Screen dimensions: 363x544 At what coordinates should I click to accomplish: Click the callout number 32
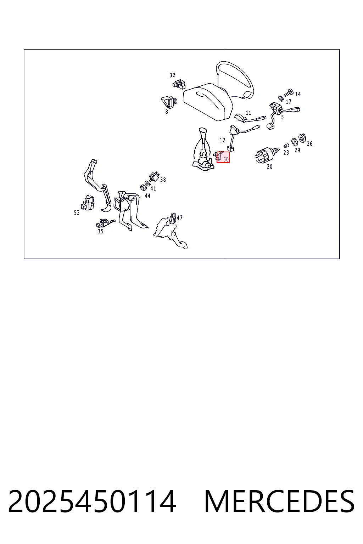172,75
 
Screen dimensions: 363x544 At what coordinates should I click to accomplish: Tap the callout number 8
167,112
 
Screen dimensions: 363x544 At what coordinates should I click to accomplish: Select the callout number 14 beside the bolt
298,94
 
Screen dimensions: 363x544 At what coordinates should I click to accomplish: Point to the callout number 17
288,102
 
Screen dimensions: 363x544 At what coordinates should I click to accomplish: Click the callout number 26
309,144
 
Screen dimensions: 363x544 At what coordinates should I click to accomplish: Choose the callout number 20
270,167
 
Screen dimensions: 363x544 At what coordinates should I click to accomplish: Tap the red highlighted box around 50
223,157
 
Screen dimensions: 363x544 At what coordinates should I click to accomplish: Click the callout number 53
77,213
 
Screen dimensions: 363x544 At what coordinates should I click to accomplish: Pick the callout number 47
179,217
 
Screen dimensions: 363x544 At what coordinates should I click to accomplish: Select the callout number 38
163,180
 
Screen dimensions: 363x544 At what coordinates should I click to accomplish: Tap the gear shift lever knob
202,133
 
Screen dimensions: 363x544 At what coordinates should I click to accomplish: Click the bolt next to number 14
289,92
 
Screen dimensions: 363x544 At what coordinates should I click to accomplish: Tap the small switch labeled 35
105,222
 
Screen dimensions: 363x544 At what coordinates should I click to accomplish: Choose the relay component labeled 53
88,203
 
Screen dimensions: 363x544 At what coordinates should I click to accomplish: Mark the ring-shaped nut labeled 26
302,138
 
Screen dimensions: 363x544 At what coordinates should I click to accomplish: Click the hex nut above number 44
143,187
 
